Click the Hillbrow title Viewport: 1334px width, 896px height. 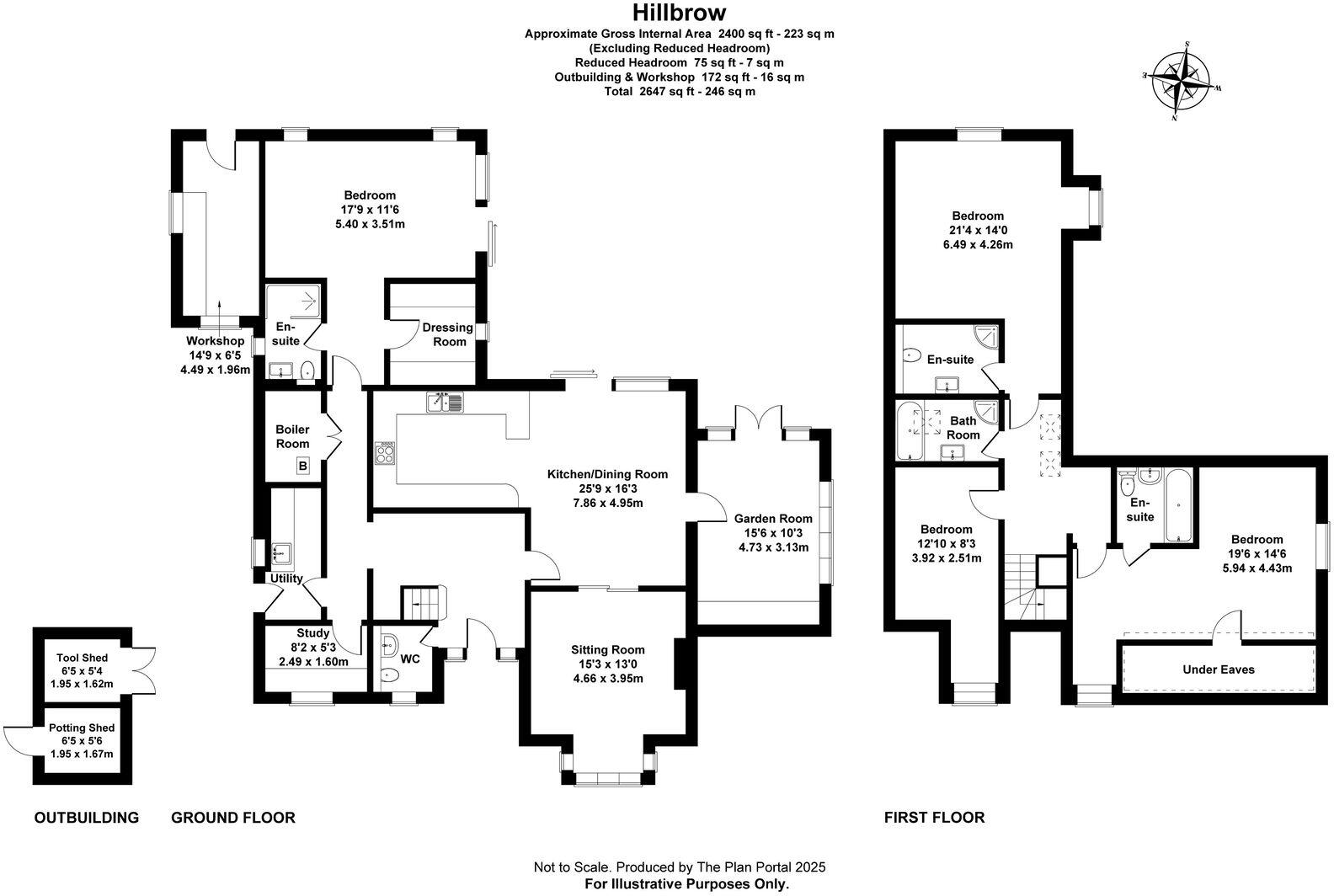pos(679,13)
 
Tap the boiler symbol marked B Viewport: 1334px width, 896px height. pos(302,466)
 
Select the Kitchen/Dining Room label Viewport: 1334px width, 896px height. pos(607,474)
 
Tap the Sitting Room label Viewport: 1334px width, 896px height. pos(607,649)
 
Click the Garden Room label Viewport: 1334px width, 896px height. pos(773,519)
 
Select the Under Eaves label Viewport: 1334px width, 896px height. pos(1218,669)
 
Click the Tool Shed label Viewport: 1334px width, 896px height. pos(82,658)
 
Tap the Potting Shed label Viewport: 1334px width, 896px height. pos(82,728)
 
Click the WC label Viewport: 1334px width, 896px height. pos(410,659)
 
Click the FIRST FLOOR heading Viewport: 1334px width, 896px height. pos(934,817)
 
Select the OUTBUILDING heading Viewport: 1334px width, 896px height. pos(87,817)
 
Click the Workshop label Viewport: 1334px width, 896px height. pos(215,341)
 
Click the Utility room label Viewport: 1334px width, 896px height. pos(286,579)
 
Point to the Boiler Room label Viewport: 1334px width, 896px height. pos(292,436)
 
